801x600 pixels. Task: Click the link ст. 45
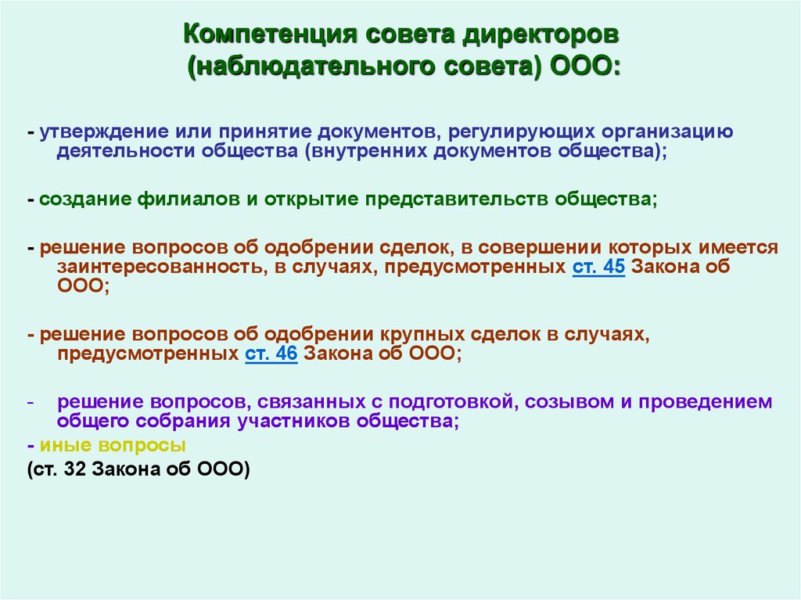(x=598, y=267)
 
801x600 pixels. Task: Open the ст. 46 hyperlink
(x=271, y=354)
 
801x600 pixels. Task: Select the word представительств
(x=457, y=199)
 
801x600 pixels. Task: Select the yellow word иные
(x=66, y=445)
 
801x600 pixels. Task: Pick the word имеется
(x=738, y=247)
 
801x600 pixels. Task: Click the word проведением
(x=706, y=402)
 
